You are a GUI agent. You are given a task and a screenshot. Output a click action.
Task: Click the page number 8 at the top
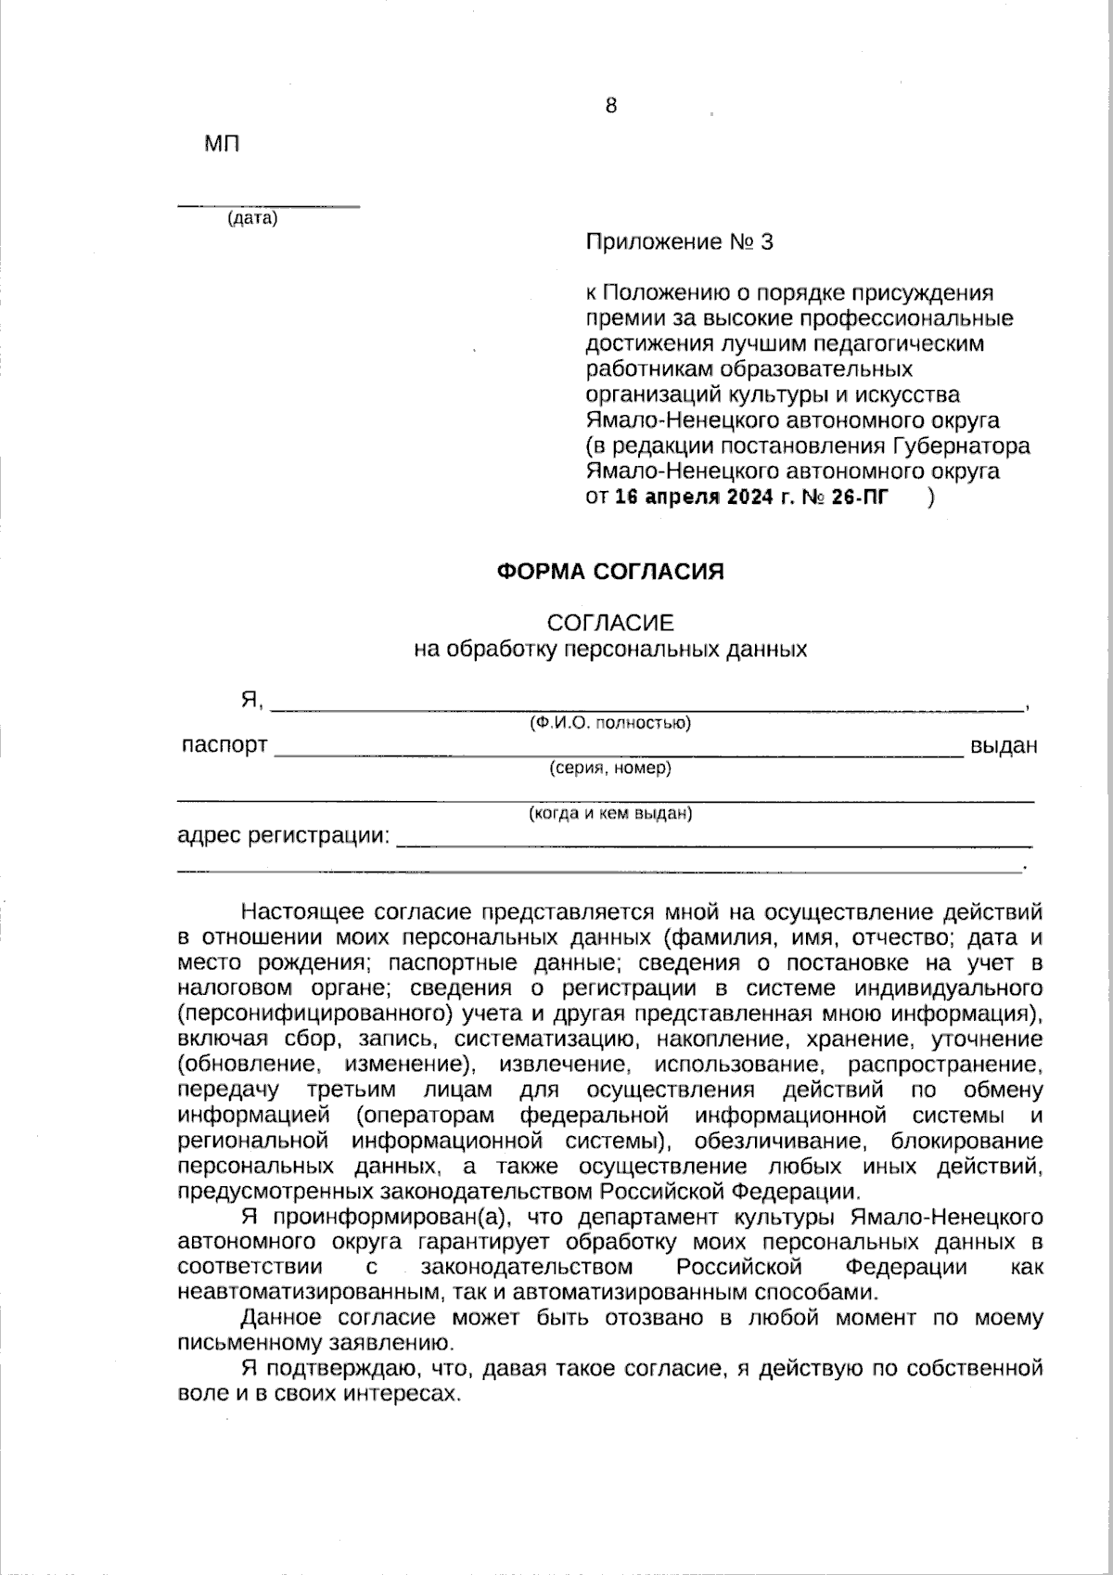point(610,106)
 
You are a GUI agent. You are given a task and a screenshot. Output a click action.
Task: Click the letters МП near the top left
point(222,145)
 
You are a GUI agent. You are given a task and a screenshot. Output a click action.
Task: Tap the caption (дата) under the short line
point(252,219)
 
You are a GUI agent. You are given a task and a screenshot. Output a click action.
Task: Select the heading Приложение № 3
point(679,243)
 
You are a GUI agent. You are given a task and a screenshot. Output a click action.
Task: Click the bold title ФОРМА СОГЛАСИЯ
point(610,572)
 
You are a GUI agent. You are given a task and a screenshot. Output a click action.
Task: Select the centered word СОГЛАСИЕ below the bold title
point(610,623)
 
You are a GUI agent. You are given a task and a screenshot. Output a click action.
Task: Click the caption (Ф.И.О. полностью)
point(610,723)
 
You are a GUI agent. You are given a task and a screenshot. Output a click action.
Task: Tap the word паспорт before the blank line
point(224,745)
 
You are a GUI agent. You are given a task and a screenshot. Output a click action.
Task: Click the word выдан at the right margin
point(1003,746)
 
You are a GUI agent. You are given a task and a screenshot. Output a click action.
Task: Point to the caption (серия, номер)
point(610,768)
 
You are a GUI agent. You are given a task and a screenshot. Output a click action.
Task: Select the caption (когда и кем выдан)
point(610,815)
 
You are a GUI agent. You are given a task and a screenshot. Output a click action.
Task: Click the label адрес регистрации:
point(284,835)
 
